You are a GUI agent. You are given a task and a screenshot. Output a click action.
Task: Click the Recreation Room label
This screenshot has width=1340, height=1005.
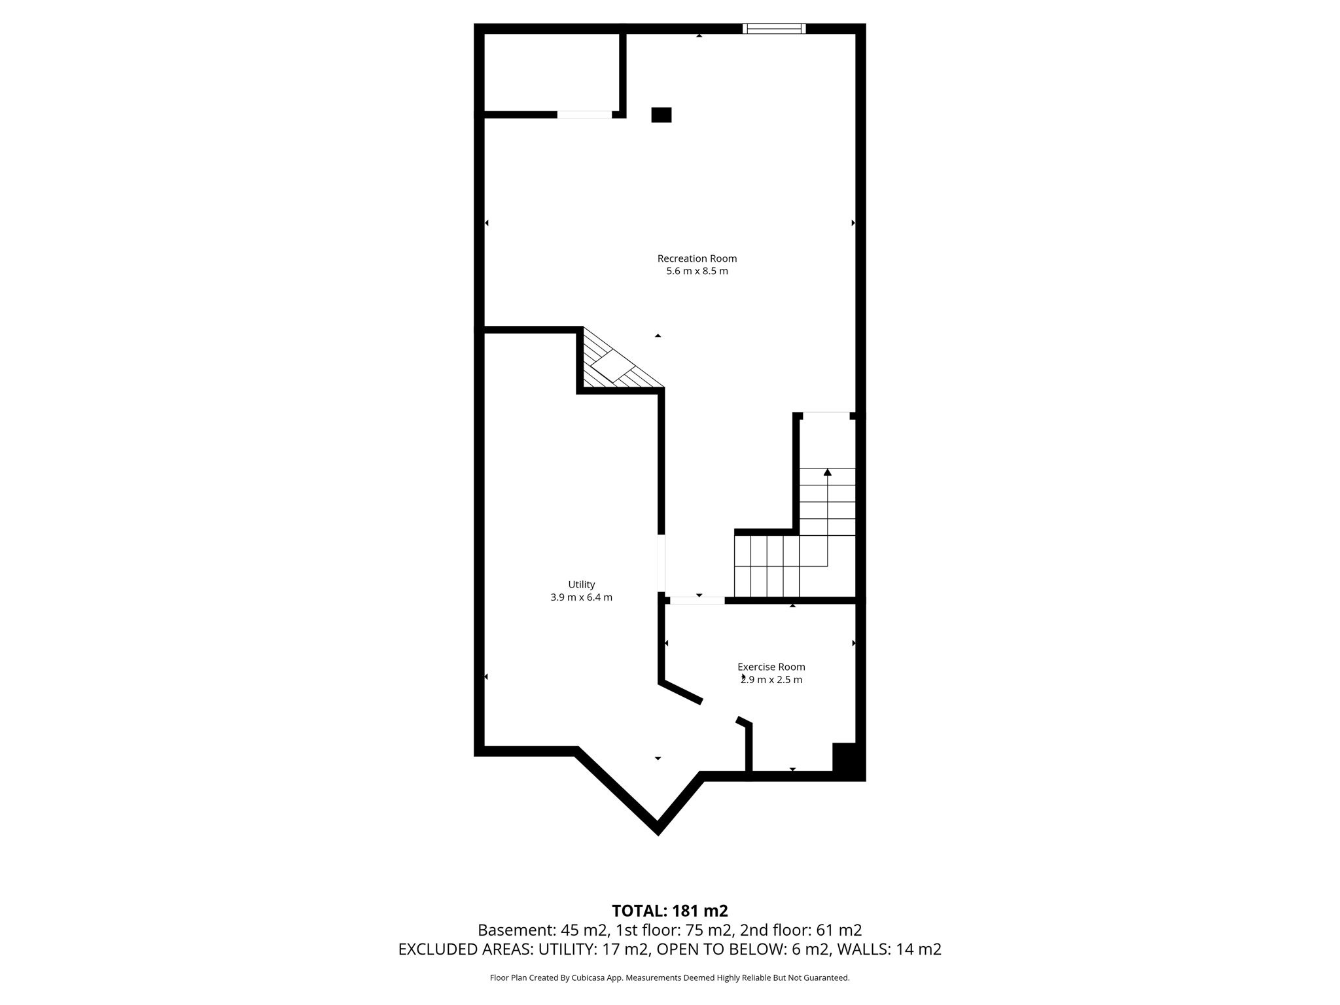697,258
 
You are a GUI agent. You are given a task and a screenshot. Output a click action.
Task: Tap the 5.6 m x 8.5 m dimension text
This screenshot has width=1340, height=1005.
697,272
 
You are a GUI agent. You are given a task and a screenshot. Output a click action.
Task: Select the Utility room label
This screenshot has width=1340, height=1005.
581,584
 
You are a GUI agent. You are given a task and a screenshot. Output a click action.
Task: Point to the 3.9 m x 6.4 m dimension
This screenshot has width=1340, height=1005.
581,597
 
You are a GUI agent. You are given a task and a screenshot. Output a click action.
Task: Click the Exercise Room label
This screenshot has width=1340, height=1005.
771,667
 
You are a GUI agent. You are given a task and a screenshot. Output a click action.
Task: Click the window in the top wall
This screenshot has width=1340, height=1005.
774,28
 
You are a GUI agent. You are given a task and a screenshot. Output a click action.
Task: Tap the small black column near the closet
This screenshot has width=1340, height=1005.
661,115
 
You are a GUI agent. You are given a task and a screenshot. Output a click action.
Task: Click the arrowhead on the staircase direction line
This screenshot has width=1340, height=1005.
827,472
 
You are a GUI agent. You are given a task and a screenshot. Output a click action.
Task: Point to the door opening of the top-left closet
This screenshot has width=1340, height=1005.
584,115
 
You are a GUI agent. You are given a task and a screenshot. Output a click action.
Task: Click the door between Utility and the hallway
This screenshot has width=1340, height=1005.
661,563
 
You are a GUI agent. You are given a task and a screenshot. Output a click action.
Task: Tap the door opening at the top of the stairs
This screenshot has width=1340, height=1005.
826,415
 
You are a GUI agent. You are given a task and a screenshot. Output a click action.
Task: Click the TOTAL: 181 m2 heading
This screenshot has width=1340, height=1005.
669,911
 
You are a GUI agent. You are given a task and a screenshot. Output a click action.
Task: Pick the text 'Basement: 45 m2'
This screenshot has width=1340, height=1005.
538,930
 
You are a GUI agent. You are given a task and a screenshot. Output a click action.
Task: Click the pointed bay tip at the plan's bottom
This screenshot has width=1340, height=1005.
658,830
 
